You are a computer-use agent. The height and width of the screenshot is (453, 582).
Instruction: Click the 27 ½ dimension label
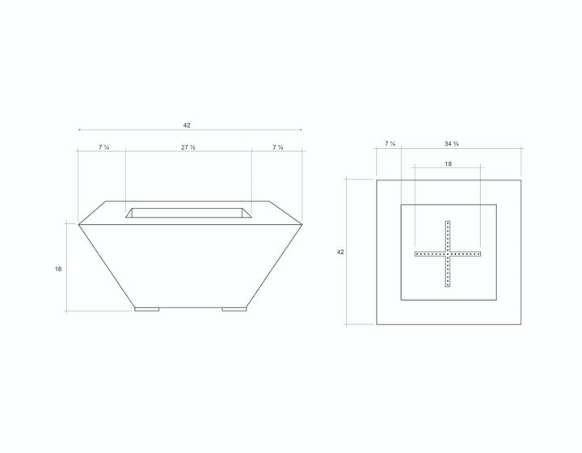188,147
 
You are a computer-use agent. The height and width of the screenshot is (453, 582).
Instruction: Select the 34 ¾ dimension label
453,144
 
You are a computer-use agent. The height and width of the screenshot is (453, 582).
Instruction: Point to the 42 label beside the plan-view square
340,252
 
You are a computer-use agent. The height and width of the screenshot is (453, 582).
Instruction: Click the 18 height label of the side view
58,268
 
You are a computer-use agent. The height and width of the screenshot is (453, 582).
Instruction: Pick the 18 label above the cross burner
448,163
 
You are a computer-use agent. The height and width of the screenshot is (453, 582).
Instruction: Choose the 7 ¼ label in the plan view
390,144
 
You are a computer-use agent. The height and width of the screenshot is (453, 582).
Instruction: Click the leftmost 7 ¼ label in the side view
103,147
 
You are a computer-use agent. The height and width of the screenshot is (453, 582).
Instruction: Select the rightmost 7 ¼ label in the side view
277,147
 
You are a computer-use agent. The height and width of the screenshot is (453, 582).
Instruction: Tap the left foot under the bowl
147,307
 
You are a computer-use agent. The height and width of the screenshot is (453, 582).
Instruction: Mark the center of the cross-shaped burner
447,253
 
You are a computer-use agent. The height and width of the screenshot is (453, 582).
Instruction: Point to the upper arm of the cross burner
447,235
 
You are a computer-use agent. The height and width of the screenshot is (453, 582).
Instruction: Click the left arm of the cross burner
429,253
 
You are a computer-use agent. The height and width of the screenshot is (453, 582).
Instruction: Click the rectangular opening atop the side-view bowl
189,213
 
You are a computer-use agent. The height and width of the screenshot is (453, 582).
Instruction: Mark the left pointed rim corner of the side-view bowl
78,222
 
